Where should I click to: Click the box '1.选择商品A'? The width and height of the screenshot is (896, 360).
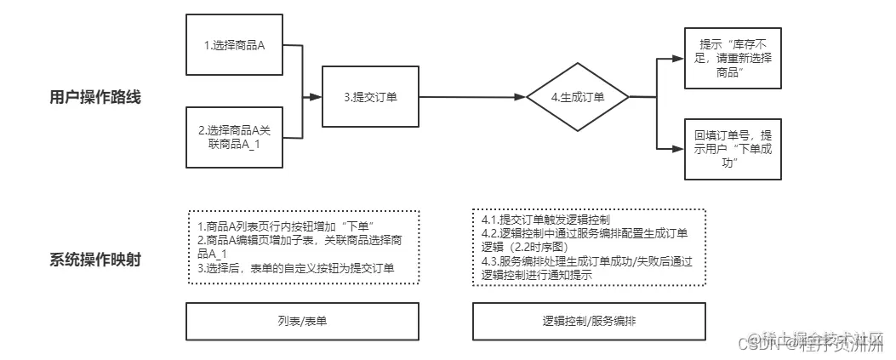[x=235, y=45]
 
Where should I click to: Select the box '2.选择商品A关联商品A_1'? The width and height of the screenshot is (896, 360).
[x=235, y=136]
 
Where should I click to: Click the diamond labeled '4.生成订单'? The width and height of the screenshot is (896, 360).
[x=577, y=97]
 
